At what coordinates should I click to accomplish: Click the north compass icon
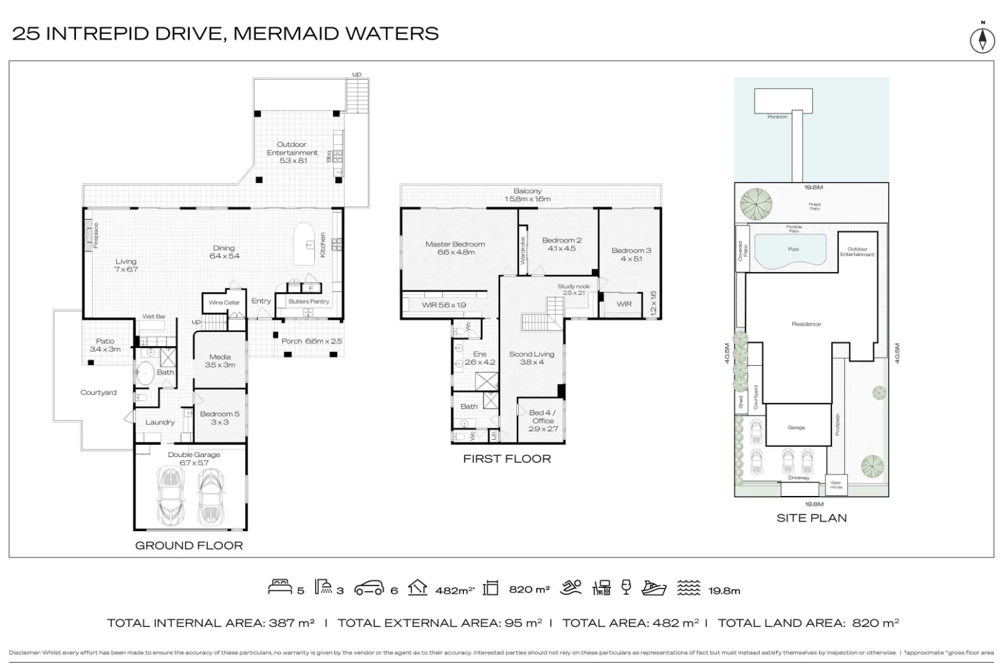tap(982, 40)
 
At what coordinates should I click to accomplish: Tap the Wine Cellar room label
tap(224, 302)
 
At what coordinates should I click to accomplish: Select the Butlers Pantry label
tap(309, 301)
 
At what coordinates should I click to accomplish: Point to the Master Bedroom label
tap(455, 248)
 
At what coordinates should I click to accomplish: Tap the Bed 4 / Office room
tap(542, 421)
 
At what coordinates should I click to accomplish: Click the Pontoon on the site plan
tap(783, 101)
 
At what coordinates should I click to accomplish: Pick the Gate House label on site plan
tap(836, 485)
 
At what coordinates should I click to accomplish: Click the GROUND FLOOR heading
tap(188, 545)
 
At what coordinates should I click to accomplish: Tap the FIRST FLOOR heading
tap(507, 458)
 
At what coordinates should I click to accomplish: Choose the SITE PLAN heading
tap(811, 518)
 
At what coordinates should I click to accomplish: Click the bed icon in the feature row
tap(279, 588)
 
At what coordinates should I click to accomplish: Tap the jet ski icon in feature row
tap(654, 588)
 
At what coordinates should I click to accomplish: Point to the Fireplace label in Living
tap(96, 234)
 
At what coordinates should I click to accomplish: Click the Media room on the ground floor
tap(220, 361)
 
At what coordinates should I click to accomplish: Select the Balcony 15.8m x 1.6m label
tap(527, 195)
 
